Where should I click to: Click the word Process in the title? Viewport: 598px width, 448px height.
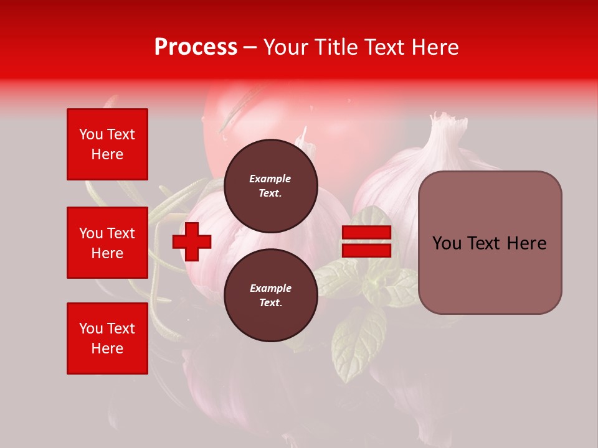click(x=196, y=47)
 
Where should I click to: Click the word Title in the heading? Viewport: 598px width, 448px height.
click(x=334, y=47)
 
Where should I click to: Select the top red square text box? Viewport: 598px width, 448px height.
click(x=107, y=144)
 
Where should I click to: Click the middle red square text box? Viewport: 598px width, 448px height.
click(x=107, y=243)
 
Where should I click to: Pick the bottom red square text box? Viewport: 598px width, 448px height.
click(x=107, y=338)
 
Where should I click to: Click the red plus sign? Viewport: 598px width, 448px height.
click(x=192, y=241)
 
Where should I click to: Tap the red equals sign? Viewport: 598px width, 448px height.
click(x=366, y=241)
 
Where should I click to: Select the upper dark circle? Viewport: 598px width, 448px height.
click(x=270, y=185)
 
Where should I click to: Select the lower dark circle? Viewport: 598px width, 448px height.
click(x=270, y=295)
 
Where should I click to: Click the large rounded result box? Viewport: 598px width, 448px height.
click(x=490, y=243)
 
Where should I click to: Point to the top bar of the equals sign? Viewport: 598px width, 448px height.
click(x=366, y=233)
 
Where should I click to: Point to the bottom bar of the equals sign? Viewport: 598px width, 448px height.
click(x=366, y=250)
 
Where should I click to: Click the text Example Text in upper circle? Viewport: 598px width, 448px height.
click(x=270, y=185)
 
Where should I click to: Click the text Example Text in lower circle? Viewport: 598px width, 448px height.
click(x=270, y=295)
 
